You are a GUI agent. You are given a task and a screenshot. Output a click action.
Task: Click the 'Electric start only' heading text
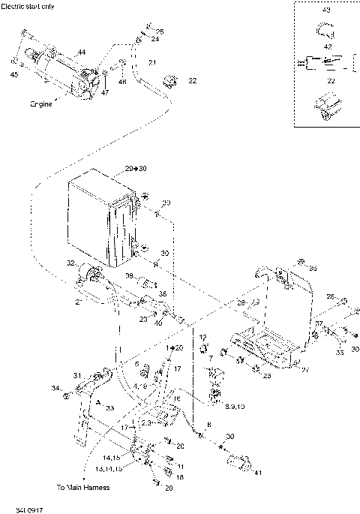28,5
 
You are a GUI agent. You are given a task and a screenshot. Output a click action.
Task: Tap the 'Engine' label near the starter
41,104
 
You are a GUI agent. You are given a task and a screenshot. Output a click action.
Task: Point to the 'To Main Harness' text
84,488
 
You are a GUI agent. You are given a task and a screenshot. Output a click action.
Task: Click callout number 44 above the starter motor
81,52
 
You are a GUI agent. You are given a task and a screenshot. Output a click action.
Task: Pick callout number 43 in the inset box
325,11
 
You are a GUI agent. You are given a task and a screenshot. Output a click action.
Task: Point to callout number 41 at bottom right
259,473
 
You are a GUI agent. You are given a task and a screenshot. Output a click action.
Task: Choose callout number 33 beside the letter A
109,408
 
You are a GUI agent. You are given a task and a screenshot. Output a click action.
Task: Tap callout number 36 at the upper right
313,267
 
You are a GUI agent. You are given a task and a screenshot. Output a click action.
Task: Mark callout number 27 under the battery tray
304,369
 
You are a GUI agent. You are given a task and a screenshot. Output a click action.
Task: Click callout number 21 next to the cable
151,62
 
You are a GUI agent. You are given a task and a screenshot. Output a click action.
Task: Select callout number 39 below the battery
129,277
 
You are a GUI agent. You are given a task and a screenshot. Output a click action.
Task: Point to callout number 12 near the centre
202,338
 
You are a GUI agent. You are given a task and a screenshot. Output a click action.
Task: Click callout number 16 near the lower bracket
177,399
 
